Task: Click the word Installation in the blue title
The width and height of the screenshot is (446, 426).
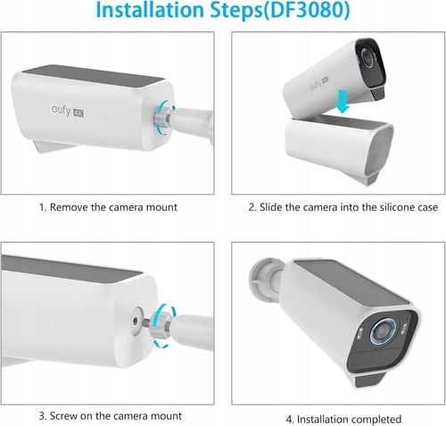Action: click(150, 10)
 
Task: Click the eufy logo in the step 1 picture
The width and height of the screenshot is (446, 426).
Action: click(62, 110)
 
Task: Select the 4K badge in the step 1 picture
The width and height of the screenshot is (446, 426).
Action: click(78, 113)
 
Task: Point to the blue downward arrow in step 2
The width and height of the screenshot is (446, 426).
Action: click(343, 102)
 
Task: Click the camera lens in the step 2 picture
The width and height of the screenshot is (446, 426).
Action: click(368, 57)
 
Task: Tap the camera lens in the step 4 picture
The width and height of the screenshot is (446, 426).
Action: click(383, 331)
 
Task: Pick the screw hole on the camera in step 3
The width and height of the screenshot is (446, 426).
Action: click(135, 321)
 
